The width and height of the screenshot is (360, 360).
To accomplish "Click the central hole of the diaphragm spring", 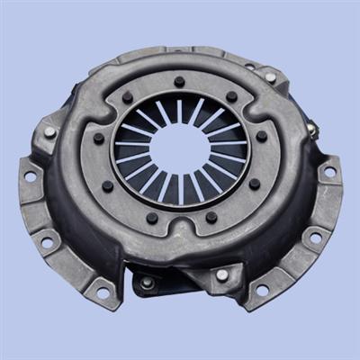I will [x=179, y=148].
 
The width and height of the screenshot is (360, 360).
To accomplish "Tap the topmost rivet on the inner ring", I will [x=180, y=82].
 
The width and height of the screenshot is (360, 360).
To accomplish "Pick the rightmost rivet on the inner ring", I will [x=262, y=137].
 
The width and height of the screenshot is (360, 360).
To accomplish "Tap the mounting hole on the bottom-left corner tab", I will [x=102, y=291].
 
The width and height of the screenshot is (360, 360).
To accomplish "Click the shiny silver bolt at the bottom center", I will [x=221, y=274].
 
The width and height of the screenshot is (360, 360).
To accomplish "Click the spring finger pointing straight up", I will [x=179, y=111].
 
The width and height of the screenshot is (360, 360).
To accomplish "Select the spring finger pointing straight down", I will [x=180, y=189].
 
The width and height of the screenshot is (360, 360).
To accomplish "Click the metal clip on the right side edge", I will [x=311, y=130].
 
